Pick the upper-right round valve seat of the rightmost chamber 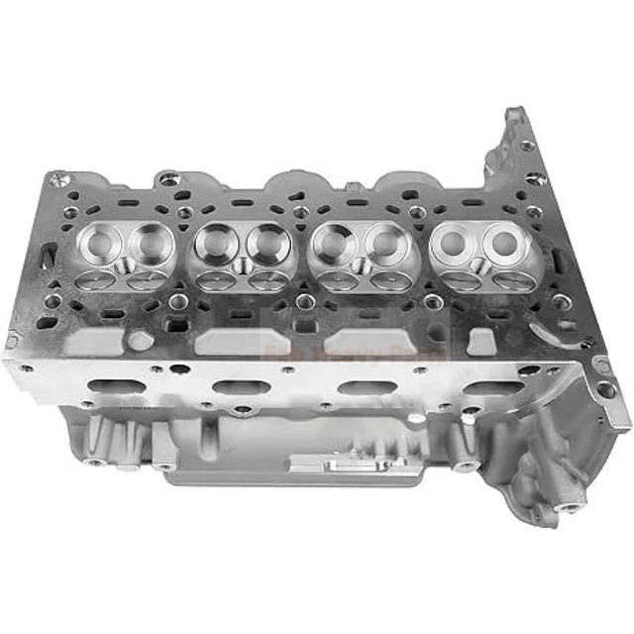(x=502, y=237)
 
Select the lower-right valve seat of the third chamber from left (x=387, y=281)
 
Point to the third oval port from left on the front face (x=360, y=386)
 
